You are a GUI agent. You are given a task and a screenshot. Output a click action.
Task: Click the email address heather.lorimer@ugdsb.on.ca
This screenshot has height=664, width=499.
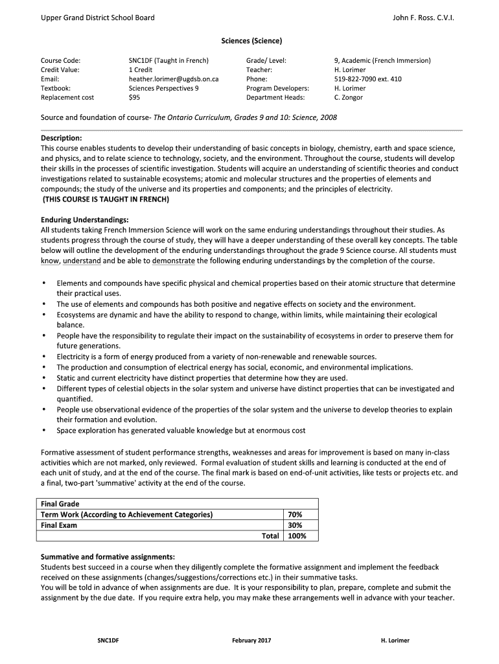point(173,79)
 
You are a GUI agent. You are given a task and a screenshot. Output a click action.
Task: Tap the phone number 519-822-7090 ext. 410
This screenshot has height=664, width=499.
point(367,79)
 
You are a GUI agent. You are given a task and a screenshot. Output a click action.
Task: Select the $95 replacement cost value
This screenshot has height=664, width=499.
point(134,97)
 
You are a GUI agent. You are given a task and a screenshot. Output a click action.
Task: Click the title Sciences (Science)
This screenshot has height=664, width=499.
point(251,41)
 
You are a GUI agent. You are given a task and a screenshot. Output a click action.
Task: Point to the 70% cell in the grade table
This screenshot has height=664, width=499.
point(294,515)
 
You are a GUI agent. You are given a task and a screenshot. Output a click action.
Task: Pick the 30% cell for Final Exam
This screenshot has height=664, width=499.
point(294,525)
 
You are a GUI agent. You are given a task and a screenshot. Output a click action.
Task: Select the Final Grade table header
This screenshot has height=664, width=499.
point(60,504)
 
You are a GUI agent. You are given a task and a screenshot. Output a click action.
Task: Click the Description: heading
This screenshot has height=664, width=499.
point(61,138)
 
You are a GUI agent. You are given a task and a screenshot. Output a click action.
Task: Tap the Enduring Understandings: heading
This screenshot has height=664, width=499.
point(85,220)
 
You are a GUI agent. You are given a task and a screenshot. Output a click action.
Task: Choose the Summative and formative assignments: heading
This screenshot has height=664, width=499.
point(108,556)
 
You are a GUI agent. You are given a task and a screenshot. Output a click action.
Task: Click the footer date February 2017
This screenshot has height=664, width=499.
point(251,641)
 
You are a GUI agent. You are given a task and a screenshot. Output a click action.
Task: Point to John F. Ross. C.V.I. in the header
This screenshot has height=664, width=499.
point(423,18)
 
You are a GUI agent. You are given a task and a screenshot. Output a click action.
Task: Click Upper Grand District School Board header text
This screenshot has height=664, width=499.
point(97,18)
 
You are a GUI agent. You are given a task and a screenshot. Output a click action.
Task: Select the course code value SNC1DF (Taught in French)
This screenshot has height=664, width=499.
point(168,60)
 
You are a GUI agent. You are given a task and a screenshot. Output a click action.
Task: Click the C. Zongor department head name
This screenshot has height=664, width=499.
point(348,97)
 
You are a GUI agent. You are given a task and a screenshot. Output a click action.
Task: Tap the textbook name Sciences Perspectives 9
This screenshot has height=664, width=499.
point(163,88)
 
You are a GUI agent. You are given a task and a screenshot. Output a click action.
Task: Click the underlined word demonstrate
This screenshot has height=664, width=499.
point(173,261)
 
